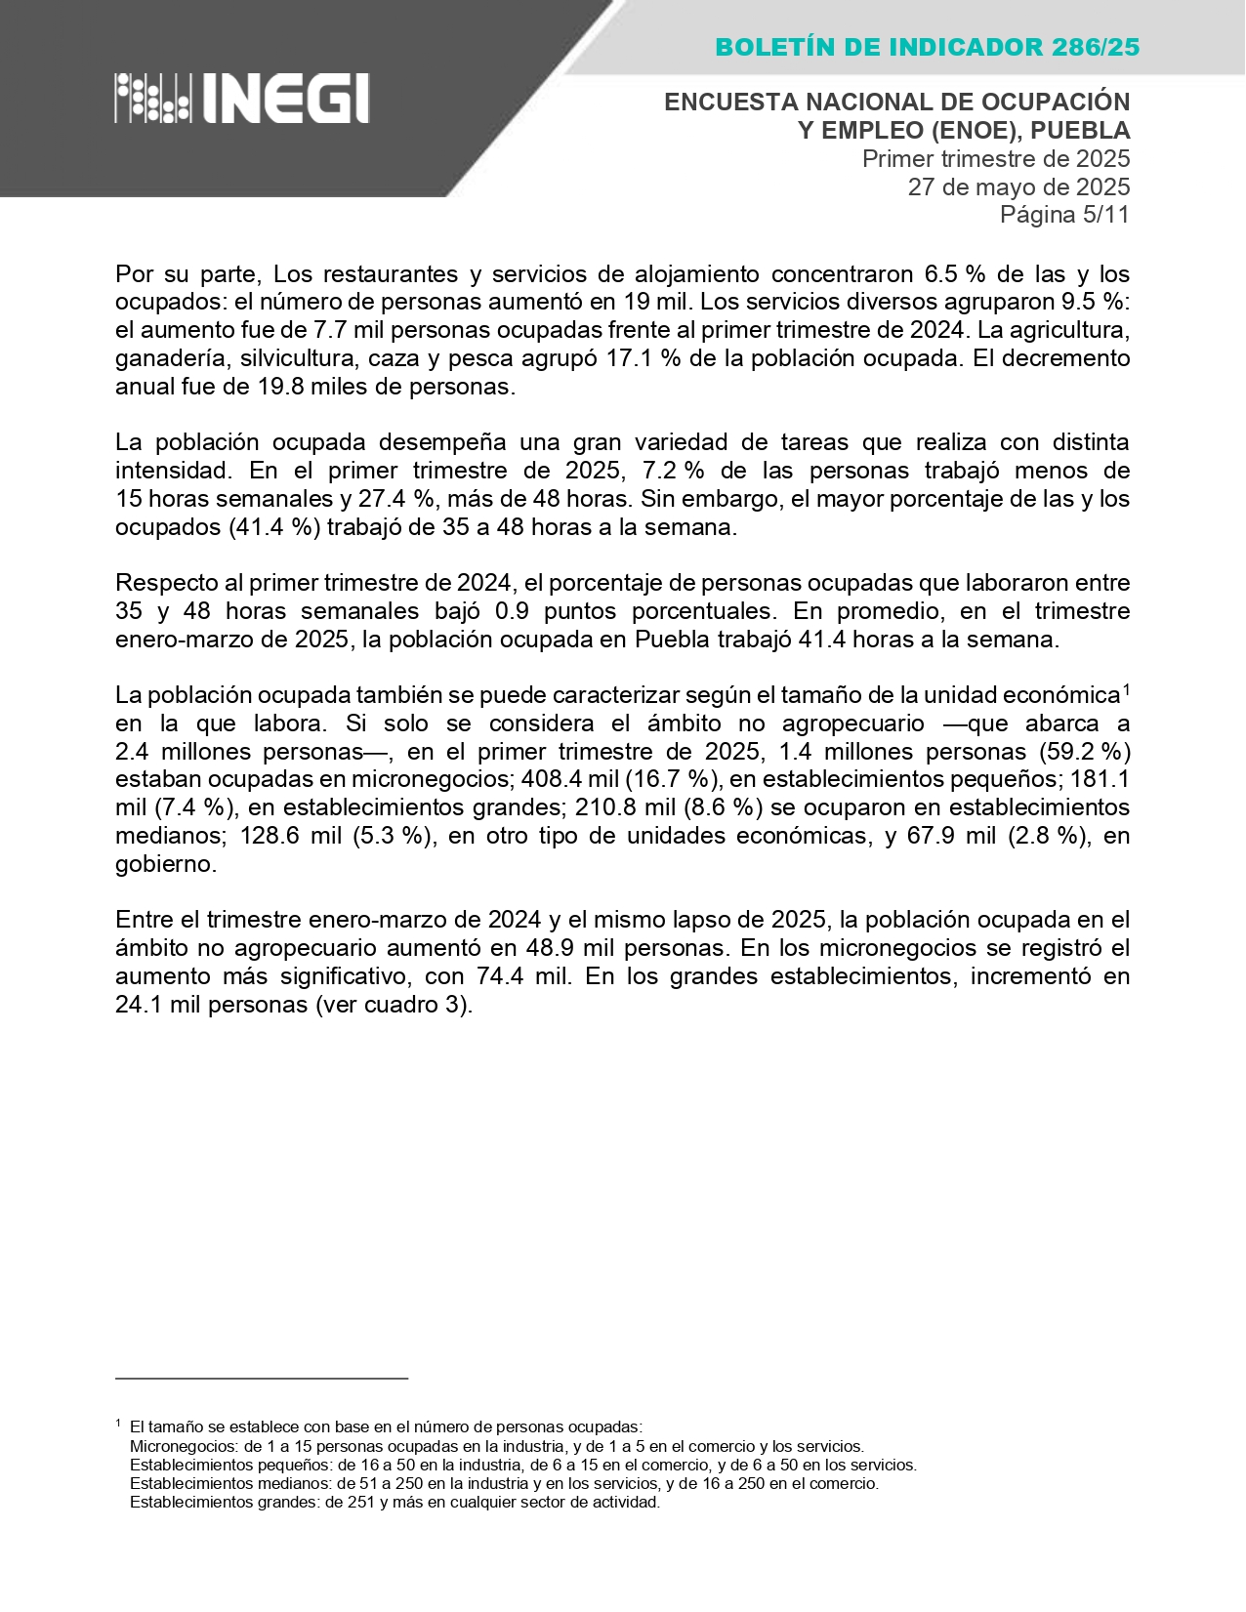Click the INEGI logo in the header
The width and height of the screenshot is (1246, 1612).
coord(241,99)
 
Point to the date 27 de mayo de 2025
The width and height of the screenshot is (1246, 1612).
coord(1018,186)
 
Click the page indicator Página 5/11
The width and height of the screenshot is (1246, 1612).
coord(1064,215)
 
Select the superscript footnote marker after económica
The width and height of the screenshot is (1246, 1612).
coord(1126,689)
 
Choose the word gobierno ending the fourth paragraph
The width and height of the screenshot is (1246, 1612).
coord(163,864)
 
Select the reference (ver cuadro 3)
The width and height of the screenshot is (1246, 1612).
coord(394,1005)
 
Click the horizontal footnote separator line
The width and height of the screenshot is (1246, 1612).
coord(261,1379)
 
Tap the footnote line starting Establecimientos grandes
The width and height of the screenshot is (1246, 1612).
coord(395,1503)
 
